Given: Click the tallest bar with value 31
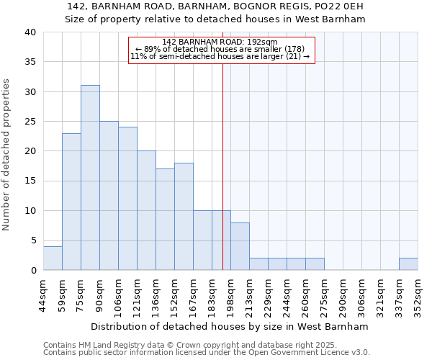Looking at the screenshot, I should [x=90, y=177].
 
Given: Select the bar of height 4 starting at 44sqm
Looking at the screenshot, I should [x=53, y=258].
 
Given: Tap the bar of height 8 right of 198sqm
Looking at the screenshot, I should [x=240, y=246].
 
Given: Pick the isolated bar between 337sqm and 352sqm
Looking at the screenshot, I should [x=408, y=264].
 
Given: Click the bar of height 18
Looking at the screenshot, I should [x=184, y=216].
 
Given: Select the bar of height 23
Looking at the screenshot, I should [x=71, y=202].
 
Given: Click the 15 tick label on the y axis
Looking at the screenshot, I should [x=31, y=181].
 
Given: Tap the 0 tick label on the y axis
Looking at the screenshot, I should [x=34, y=270].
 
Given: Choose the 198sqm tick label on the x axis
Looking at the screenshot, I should [x=230, y=297].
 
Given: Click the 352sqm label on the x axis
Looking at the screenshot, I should [x=418, y=297].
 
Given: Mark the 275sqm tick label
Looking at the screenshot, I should [x=324, y=297].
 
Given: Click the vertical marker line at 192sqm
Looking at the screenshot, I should [x=222, y=166].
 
